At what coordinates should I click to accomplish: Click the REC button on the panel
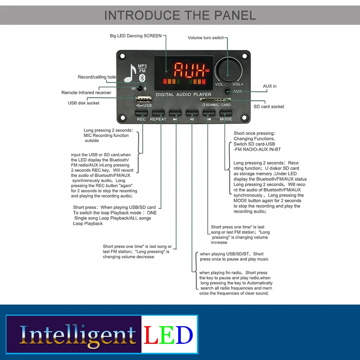pyautogui.click(x=141, y=113)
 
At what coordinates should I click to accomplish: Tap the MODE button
pyautogui.click(x=226, y=113)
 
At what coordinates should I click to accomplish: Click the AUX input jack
pyautogui.click(x=227, y=91)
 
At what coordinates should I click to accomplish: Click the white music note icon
pyautogui.click(x=130, y=73)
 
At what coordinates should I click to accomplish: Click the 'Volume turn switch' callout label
pyautogui.click(x=206, y=38)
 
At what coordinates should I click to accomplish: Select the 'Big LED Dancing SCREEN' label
pyautogui.click(x=136, y=36)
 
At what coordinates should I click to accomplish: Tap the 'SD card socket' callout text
pyautogui.click(x=269, y=107)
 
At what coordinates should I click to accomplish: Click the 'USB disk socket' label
pyautogui.click(x=84, y=103)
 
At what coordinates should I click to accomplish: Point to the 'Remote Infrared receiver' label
pyautogui.click(x=86, y=93)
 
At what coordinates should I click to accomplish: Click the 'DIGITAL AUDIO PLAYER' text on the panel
pyautogui.click(x=184, y=95)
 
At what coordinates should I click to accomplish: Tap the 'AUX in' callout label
pyautogui.click(x=270, y=86)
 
